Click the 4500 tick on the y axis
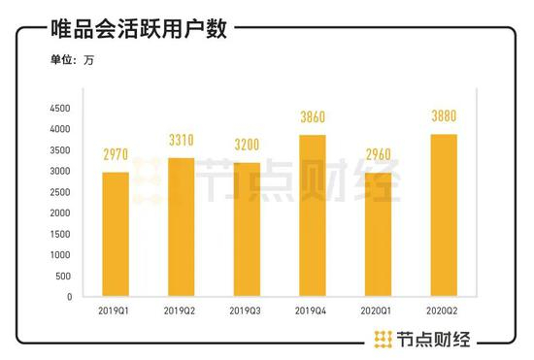coord(61,108)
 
